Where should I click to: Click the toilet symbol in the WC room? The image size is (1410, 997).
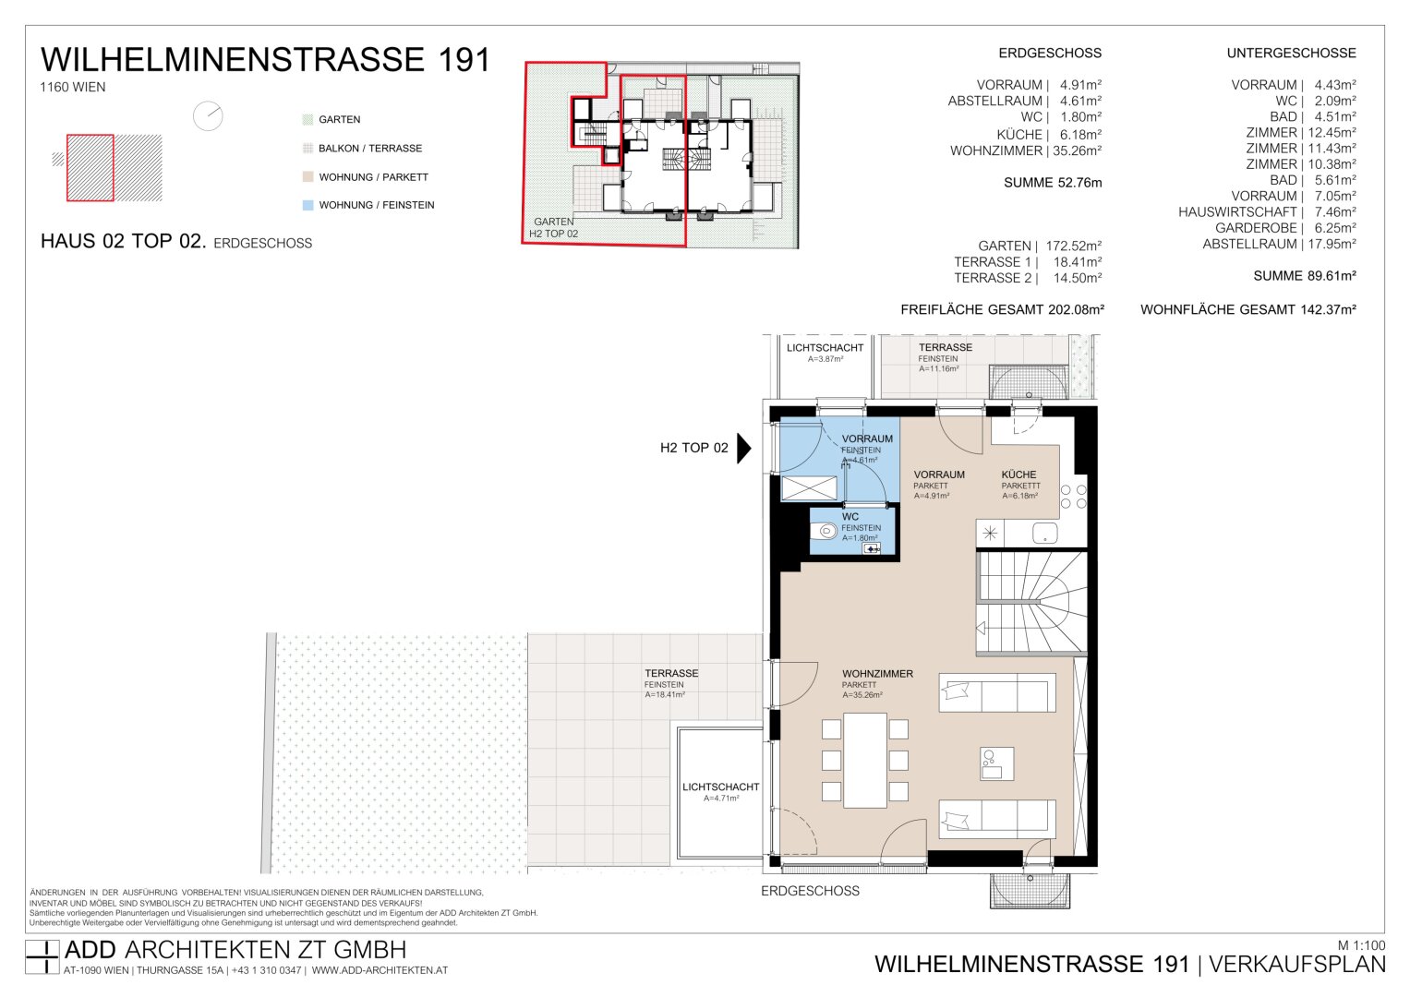pos(824,533)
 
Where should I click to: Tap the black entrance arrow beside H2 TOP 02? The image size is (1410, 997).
pos(744,448)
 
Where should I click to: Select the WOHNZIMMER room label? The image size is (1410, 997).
pos(877,674)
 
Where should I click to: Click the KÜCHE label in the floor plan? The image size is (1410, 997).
pos(1018,474)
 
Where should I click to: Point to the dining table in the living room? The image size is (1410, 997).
pos(865,761)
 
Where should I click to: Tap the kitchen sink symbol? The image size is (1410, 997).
pos(1045,534)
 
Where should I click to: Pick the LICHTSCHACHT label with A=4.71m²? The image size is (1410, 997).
pos(721,787)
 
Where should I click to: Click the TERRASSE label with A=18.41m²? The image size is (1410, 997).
pos(671,673)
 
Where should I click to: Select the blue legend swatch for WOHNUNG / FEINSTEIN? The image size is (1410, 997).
pos(307,205)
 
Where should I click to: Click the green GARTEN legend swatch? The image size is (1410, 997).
pos(307,120)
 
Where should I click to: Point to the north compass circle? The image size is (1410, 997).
pos(208,116)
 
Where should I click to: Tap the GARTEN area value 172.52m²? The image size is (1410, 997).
pos(1074,246)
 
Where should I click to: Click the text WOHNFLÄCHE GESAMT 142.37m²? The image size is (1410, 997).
pos(1248,309)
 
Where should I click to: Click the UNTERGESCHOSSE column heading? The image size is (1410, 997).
pos(1291,54)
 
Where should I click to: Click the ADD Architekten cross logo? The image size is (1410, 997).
pos(42,956)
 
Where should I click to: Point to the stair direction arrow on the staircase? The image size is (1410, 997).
pos(981,628)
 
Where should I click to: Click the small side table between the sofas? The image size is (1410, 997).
pos(997,763)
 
